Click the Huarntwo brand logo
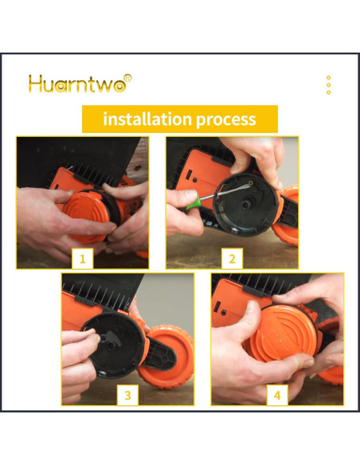(x=80, y=84)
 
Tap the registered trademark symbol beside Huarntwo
(x=127, y=78)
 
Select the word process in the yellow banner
(x=226, y=120)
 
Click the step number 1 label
(x=83, y=259)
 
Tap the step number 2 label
(x=232, y=259)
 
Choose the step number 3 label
(x=127, y=395)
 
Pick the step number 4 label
(x=277, y=395)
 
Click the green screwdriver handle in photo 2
(x=194, y=202)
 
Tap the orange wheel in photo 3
(x=166, y=357)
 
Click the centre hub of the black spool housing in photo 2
(x=246, y=204)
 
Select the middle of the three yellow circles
(x=329, y=85)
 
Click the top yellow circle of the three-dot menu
(x=329, y=78)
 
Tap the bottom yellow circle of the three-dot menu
(x=329, y=92)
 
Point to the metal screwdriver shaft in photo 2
(x=225, y=192)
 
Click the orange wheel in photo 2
(x=287, y=216)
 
